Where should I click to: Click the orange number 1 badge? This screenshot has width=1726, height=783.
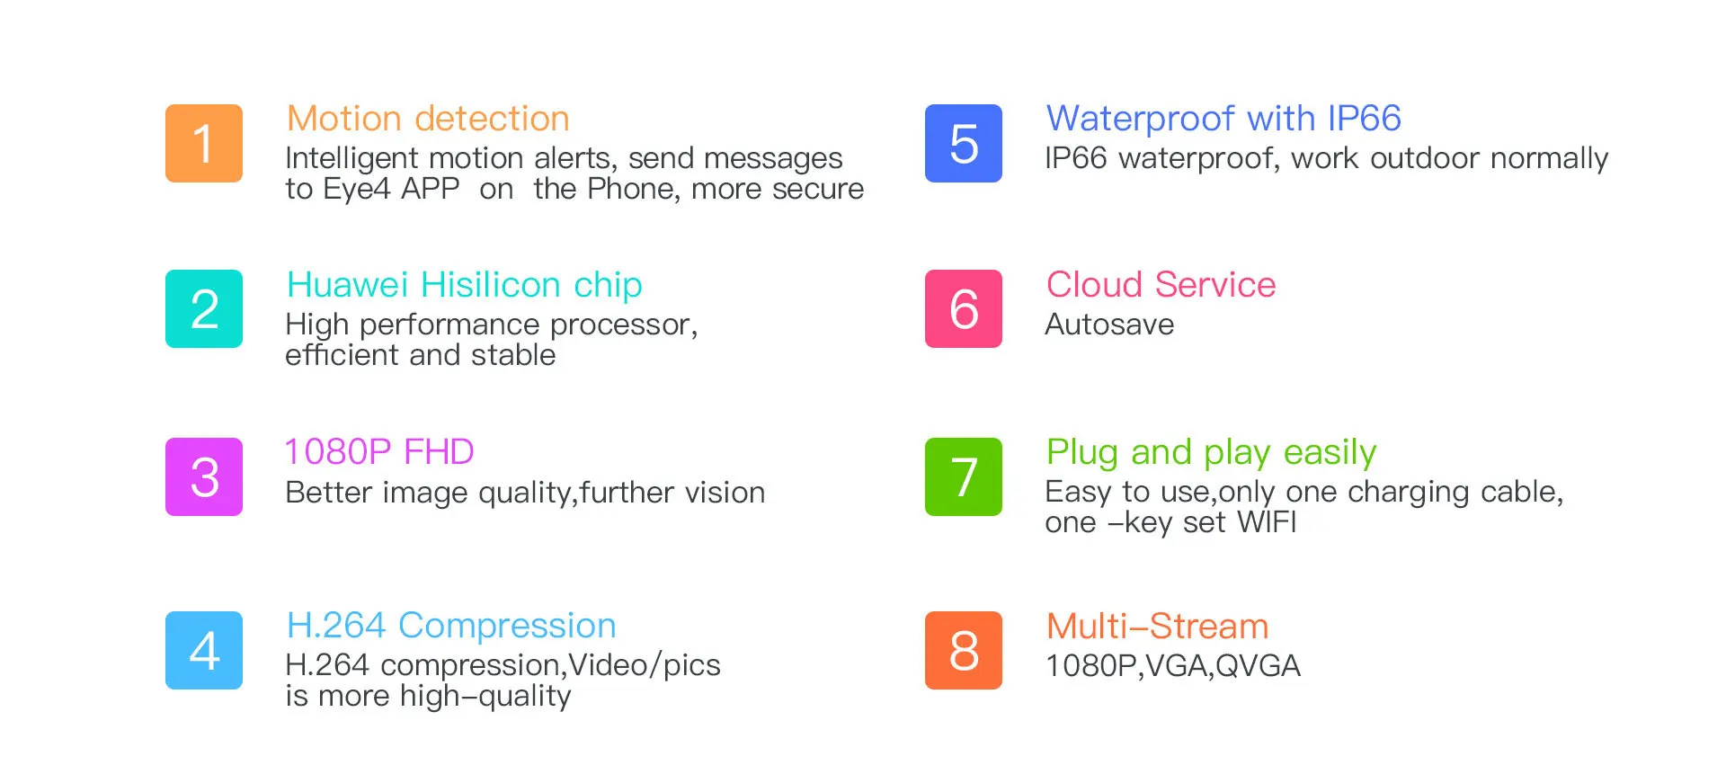204,143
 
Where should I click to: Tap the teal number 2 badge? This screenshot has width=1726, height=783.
204,308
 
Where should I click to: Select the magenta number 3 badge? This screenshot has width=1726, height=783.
204,476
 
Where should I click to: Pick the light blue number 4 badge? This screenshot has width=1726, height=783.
204,650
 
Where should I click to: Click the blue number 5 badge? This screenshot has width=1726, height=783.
964,143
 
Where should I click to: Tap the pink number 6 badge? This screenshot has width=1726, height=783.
964,308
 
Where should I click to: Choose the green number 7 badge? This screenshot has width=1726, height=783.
964,476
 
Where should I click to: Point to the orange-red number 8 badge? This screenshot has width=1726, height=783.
964,650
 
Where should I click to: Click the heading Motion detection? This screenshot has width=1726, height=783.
428,119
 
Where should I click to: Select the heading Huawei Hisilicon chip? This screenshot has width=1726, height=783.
464,285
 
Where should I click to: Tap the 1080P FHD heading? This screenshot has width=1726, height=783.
378,451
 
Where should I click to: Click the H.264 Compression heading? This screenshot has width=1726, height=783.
451,626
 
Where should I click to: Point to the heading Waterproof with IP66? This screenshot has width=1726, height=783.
1223,119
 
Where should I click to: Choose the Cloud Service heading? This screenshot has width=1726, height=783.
1161,285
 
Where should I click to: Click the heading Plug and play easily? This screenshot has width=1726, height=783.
1211,453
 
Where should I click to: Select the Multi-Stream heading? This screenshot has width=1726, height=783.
1157,627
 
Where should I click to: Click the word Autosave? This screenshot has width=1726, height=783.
1109,325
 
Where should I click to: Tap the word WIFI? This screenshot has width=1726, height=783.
1267,522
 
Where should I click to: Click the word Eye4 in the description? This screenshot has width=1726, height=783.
357,190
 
